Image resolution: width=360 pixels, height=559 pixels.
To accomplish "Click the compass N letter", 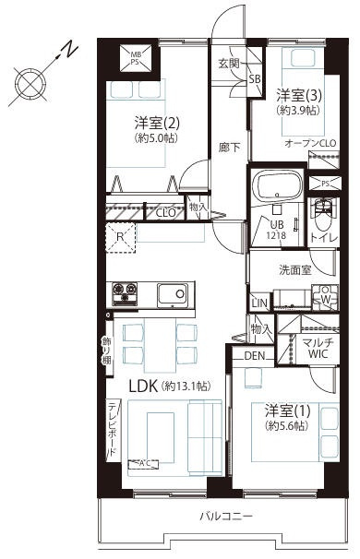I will point(68,49).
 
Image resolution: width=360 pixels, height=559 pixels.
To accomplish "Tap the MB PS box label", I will point(137,59).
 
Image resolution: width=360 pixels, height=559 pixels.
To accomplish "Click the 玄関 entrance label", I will point(228,64).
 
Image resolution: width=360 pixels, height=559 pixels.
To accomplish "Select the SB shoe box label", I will point(256,79).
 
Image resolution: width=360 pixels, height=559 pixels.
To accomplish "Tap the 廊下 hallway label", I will point(227,146).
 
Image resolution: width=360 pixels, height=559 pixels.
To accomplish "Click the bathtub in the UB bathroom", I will point(277,188).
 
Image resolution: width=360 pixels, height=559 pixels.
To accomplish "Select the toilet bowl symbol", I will point(323,216).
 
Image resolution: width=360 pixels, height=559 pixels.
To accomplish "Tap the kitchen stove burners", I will point(125,295).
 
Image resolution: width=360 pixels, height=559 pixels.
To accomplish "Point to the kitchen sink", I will point(173,295).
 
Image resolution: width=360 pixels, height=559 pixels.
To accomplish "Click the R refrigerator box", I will point(121,236).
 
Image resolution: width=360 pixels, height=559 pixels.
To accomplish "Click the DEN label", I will point(255,357).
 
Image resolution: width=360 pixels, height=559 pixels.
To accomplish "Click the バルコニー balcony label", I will point(225,516).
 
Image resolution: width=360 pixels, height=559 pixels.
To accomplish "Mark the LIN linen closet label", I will point(259,303).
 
